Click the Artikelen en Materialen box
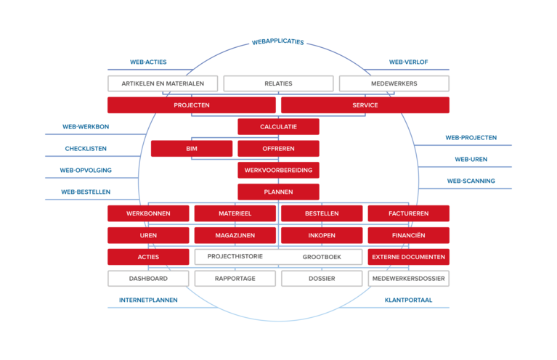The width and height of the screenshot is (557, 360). [163, 83]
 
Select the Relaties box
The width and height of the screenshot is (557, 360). [278, 83]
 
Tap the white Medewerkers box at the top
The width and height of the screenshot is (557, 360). [394, 83]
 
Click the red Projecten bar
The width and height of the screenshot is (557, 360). [192, 105]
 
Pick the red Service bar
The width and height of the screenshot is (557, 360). [365, 105]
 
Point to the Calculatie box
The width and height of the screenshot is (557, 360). [278, 127]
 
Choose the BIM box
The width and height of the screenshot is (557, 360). [192, 149]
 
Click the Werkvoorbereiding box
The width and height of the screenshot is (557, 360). [278, 171]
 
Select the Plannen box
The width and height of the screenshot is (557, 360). [278, 192]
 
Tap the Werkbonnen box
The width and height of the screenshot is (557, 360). [148, 213]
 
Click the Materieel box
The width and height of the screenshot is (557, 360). [235, 213]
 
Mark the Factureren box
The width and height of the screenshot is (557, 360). [408, 213]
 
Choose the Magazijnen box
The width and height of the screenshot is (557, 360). [235, 235]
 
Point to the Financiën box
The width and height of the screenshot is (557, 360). [408, 235]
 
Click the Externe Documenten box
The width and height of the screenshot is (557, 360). [408, 257]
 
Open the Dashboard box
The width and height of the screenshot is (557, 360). [148, 278]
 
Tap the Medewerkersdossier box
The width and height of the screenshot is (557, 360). [408, 278]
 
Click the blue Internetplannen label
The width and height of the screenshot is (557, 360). [148, 299]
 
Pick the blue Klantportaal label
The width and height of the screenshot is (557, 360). [409, 299]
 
